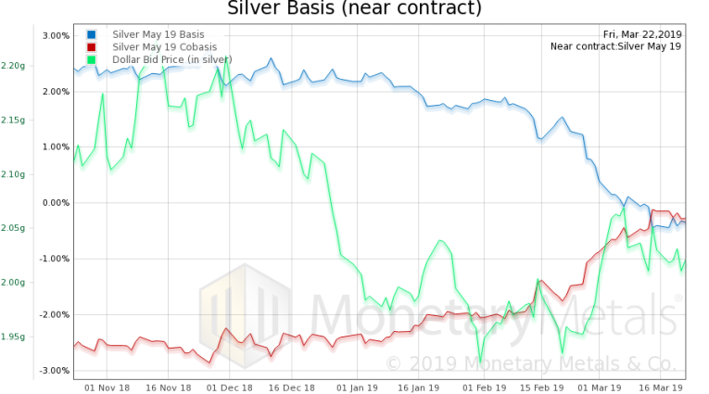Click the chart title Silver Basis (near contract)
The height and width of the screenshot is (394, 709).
355,9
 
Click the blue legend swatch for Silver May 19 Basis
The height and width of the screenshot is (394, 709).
92,34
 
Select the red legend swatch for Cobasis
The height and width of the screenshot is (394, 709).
92,46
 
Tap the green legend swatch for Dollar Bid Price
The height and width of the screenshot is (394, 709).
92,59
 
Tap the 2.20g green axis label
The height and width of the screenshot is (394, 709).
13,66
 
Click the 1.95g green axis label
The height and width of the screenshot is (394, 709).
13,337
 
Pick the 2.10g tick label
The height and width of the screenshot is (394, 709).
13,174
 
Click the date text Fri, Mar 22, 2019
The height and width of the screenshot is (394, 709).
642,34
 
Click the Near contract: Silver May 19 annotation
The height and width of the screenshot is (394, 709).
615,46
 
